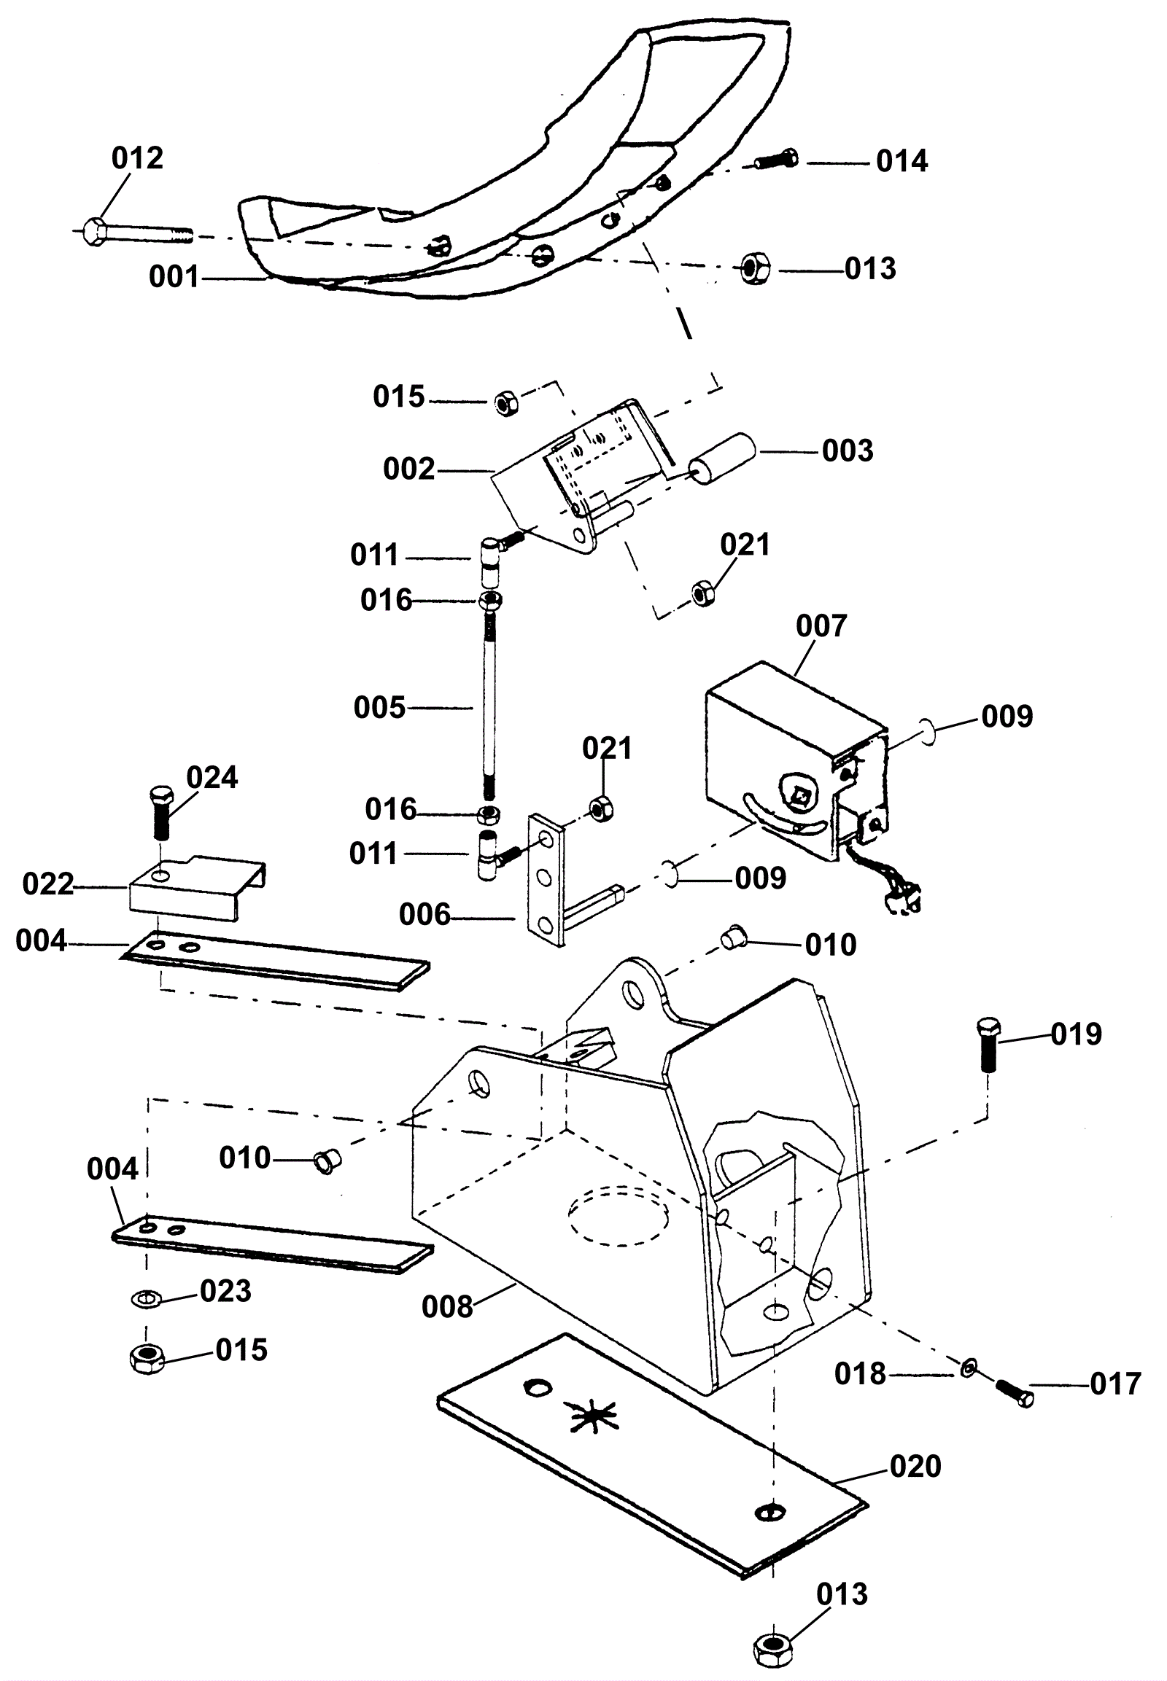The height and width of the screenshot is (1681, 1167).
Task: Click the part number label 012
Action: (136, 158)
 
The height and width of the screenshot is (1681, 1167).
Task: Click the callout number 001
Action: (174, 277)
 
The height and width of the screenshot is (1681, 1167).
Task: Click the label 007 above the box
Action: (821, 625)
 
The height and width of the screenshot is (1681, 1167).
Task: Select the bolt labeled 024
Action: (160, 813)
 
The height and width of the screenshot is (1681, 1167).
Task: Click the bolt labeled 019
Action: (987, 1043)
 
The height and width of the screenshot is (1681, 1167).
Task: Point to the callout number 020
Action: (915, 1481)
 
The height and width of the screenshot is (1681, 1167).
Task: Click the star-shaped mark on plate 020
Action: (594, 1417)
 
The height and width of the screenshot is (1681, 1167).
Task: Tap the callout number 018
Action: (861, 1374)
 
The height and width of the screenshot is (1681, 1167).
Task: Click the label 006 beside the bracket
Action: (424, 914)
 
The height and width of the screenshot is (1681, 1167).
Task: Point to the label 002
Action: (408, 469)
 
